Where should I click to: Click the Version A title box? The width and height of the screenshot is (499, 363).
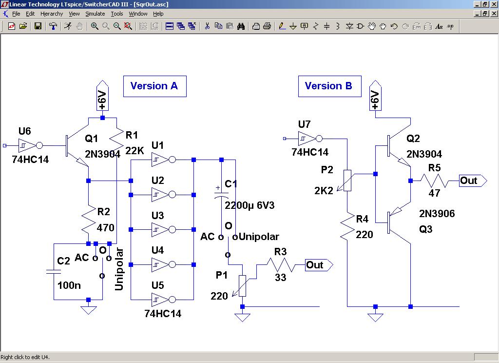pos(154,86)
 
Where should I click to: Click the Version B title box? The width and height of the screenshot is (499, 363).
pos(329,86)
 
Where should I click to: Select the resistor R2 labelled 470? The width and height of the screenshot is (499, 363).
pos(88,221)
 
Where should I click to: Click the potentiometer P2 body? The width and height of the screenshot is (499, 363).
pos(347,180)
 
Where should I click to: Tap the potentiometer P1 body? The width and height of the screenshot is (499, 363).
pos(242,285)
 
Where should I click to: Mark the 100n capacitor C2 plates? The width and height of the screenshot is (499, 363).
pos(54,271)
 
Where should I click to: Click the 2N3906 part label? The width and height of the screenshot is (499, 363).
pos(437,214)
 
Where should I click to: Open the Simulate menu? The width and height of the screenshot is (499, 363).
pos(95,14)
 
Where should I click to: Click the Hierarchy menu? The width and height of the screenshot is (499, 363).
pos(51,14)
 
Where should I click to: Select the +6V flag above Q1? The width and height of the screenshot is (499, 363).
pos(102,96)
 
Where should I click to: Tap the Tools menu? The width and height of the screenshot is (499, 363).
pos(117,14)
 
